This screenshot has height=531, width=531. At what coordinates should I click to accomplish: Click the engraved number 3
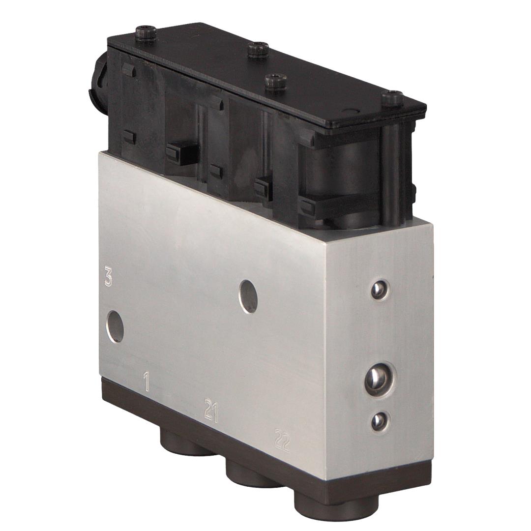tap(108, 277)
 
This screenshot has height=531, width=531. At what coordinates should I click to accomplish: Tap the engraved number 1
tap(147, 382)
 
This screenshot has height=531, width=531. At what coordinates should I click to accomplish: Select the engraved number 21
tap(211, 411)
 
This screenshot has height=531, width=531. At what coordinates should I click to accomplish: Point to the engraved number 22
tap(283, 441)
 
